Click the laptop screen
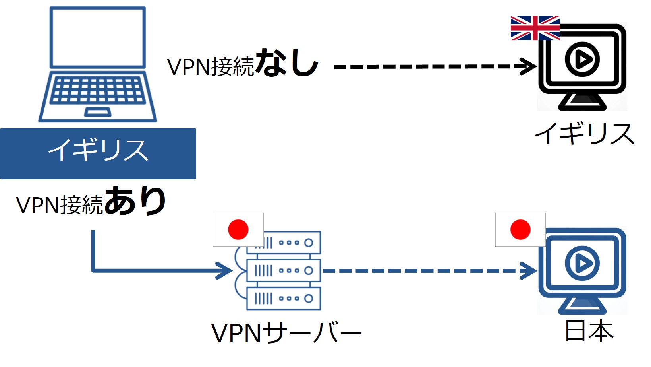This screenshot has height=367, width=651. click(98, 37)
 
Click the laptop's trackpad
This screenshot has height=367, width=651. click(97, 112)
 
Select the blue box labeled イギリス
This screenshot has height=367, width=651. click(98, 153)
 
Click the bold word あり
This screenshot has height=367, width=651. click(135, 201)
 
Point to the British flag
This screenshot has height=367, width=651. click(535, 28)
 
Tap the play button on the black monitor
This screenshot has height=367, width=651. click(582, 60)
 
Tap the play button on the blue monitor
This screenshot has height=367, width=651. click(582, 263)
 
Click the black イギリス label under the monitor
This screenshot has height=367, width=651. click(584, 134)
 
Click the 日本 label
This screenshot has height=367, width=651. click(589, 331)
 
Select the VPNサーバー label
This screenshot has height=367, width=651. click(286, 333)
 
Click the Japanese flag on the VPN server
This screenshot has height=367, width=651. click(238, 229)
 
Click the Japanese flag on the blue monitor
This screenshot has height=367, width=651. click(520, 229)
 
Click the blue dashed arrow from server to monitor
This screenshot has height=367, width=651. click(421, 271)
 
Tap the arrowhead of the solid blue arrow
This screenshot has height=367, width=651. click(224, 271)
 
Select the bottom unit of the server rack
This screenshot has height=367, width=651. click(283, 299)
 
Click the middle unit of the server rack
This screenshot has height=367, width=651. click(283, 271)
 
